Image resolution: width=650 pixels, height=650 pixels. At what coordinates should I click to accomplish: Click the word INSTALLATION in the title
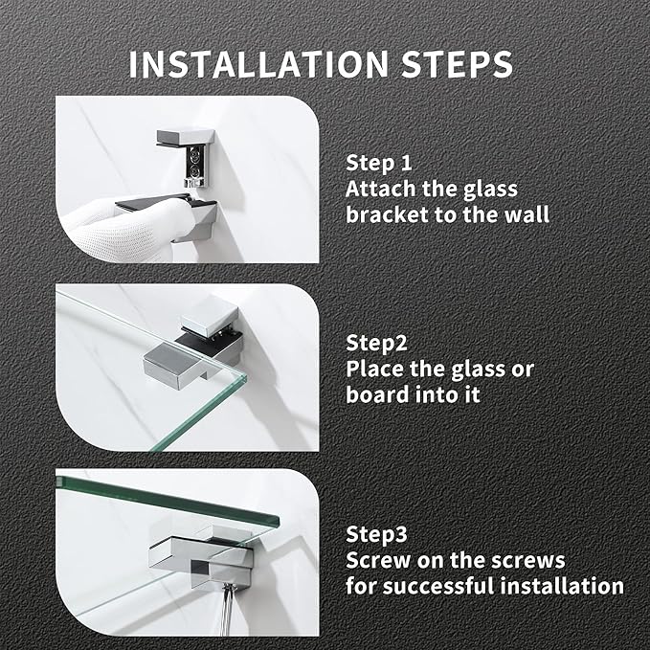(x=258, y=64)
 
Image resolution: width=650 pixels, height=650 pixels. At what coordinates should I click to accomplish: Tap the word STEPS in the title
(x=458, y=64)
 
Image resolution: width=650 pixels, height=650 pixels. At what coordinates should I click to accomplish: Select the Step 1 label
(x=379, y=163)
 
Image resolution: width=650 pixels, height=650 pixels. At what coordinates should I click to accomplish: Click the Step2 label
(x=377, y=344)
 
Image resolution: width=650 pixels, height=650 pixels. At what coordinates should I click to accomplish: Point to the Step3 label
(x=377, y=535)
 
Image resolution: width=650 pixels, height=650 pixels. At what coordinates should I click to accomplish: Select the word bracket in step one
(x=381, y=214)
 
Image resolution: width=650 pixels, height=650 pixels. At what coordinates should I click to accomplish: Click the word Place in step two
(x=374, y=369)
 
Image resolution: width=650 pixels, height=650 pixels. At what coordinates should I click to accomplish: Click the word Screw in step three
(x=378, y=560)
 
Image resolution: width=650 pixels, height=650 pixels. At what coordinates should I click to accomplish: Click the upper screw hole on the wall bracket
(x=194, y=155)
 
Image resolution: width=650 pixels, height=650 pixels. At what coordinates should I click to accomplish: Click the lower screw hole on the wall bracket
(x=194, y=169)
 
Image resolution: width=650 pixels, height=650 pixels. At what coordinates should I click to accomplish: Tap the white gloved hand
(x=124, y=228)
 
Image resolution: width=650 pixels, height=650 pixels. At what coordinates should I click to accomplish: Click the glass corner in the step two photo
(x=244, y=375)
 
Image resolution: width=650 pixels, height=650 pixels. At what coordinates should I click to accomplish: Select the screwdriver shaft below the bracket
(x=226, y=610)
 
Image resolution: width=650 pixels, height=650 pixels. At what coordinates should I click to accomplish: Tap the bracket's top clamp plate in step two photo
(x=210, y=316)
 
